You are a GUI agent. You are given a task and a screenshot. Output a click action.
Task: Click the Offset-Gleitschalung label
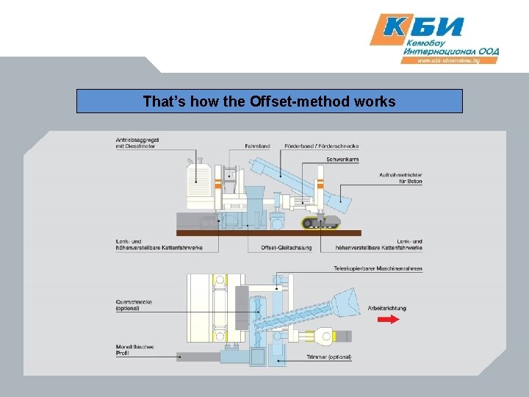[286, 247]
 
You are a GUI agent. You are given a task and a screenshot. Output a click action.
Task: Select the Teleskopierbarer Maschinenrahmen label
[378, 268]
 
